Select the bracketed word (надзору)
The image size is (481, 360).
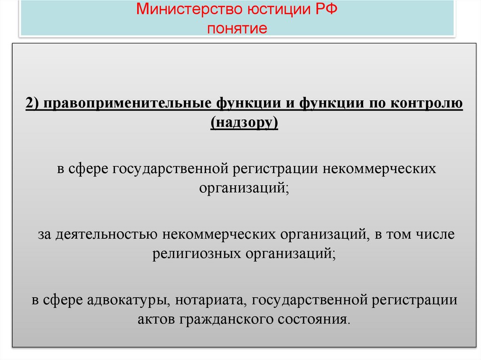(244, 123)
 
